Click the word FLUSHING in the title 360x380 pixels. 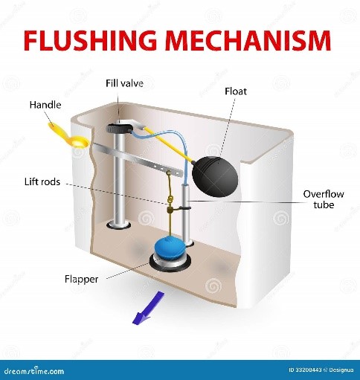pyautogui.click(x=90, y=40)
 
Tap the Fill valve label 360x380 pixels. pyautogui.click(x=124, y=83)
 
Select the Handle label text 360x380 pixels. pyautogui.click(x=45, y=105)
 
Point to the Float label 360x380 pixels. pyautogui.click(x=236, y=91)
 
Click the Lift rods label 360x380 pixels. pyautogui.click(x=42, y=182)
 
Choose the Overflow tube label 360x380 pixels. pyautogui.click(x=324, y=199)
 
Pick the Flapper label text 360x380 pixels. pyautogui.click(x=81, y=280)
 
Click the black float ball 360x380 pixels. pyautogui.click(x=215, y=176)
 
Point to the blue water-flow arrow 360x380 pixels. pyautogui.click(x=149, y=307)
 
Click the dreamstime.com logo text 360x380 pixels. pyautogui.click(x=32, y=370)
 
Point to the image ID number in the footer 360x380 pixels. pyautogui.click(x=306, y=370)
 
